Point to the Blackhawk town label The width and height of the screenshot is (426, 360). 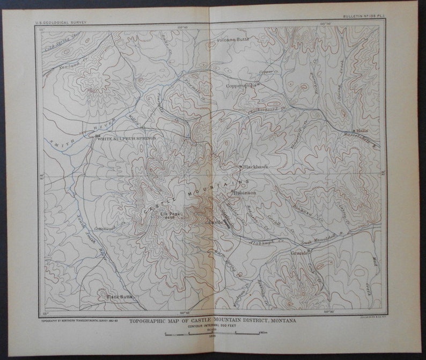256,167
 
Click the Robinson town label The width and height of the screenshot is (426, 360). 245,192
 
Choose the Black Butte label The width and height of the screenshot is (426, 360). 119,296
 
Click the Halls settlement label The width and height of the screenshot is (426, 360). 362,130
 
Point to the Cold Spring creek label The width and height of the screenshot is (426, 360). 60,40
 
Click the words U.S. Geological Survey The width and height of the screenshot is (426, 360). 60,23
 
